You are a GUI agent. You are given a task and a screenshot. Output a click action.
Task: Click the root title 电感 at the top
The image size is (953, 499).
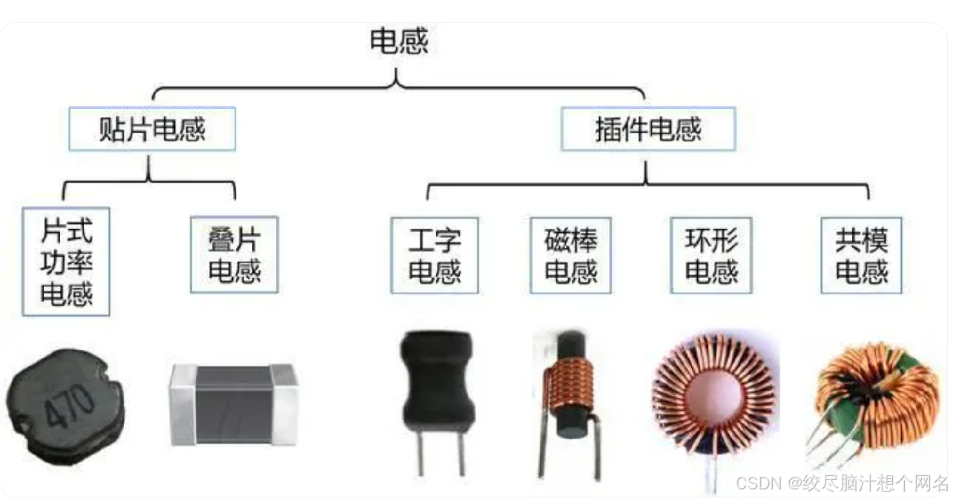pyautogui.click(x=399, y=42)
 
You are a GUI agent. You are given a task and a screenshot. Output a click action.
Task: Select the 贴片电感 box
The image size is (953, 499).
pyautogui.click(x=152, y=130)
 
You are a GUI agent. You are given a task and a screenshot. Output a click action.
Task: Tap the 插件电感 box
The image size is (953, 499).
pyautogui.click(x=648, y=130)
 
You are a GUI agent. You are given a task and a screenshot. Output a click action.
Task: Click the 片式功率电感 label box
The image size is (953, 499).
pyautogui.click(x=67, y=262)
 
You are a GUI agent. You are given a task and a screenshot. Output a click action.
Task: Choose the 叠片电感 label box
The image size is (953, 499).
pyautogui.click(x=234, y=254)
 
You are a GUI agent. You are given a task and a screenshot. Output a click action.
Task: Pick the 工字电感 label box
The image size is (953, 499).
pyautogui.click(x=435, y=254)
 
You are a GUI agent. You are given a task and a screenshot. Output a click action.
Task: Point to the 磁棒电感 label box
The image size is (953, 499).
pyautogui.click(x=571, y=254)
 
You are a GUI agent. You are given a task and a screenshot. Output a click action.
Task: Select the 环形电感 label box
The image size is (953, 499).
pyautogui.click(x=710, y=254)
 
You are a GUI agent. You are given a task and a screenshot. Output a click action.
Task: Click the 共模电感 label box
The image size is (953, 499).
pyautogui.click(x=862, y=254)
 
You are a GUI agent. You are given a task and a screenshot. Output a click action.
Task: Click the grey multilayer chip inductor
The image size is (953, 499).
pyautogui.click(x=233, y=404)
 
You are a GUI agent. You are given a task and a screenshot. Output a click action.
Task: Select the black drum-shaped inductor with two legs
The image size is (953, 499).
pyautogui.click(x=436, y=386)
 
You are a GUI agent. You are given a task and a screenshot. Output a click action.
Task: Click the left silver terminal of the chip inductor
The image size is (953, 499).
pyautogui.click(x=182, y=406)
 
